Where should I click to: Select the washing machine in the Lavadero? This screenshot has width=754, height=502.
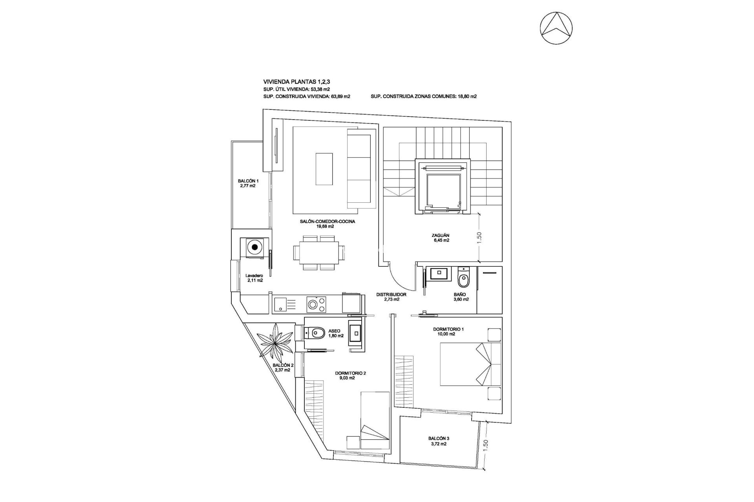pos(255,247)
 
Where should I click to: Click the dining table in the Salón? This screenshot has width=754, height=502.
pos(316,253)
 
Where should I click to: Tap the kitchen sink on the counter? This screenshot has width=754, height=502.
pos(280,304)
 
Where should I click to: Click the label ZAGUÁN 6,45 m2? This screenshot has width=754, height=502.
pos(440,238)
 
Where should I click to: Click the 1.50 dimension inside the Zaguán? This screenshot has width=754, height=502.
pos(480,237)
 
